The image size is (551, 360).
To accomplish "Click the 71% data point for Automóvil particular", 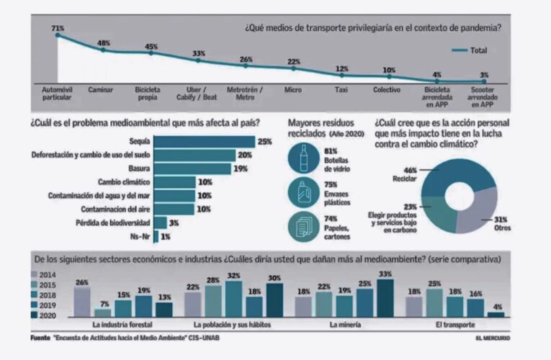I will point(58,35).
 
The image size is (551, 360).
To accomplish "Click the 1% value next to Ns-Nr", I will point(166,235).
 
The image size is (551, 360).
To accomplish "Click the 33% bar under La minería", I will point(385,298).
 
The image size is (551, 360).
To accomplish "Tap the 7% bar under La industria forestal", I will point(104,312).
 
